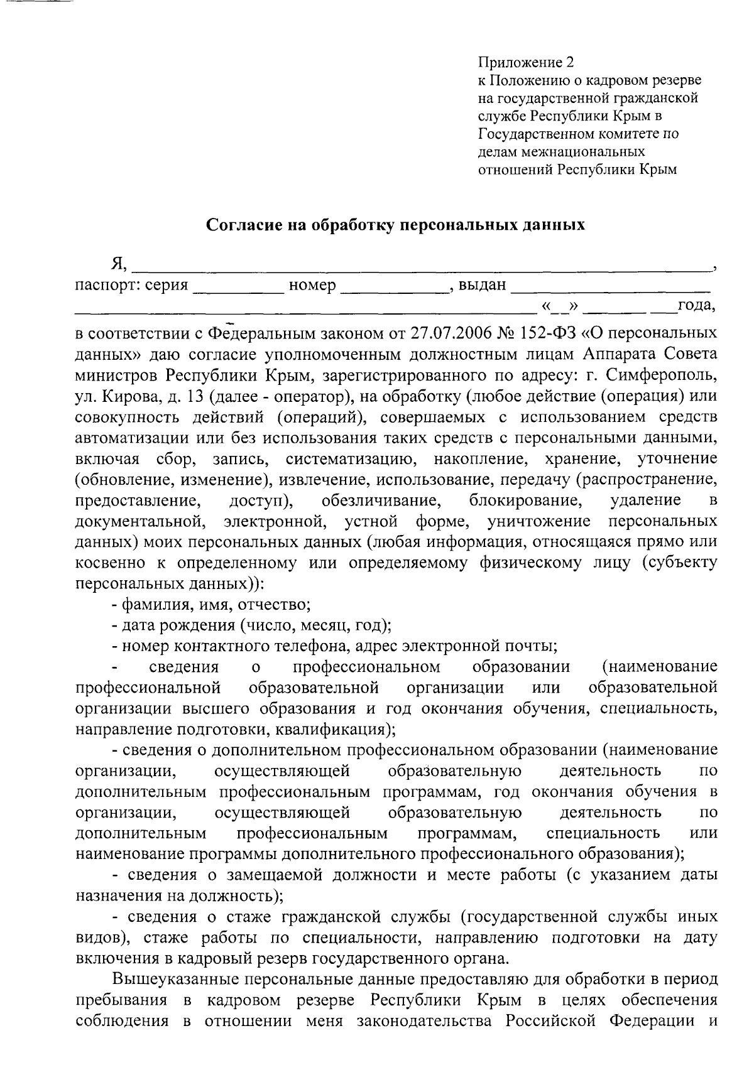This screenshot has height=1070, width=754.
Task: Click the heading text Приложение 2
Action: [526, 63]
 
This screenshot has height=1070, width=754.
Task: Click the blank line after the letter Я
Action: [421, 266]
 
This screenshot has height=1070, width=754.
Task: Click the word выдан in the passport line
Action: [482, 286]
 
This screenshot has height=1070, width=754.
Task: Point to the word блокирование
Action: [523, 500]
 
